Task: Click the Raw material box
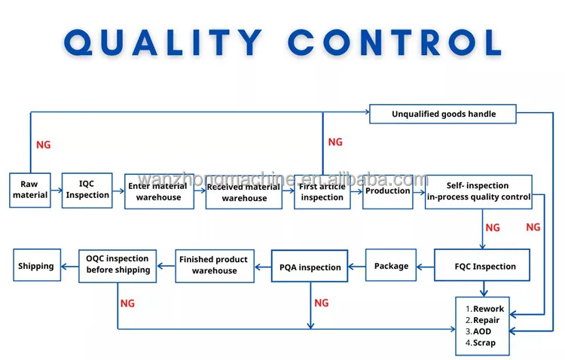(30, 191)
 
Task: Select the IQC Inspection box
(87, 191)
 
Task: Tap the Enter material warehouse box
(159, 192)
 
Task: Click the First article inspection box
(322, 192)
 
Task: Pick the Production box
(388, 192)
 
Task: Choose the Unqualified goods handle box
(443, 114)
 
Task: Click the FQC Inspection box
(482, 265)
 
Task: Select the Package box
(391, 265)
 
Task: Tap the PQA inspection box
(310, 266)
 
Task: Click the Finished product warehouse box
(215, 266)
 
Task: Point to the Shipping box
(37, 265)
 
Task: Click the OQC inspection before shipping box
(118, 266)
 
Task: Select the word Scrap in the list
(484, 343)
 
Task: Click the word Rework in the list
(488, 309)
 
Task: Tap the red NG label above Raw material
(44, 145)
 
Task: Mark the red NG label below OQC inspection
(127, 304)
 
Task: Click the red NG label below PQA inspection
(322, 303)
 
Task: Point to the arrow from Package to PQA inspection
(357, 267)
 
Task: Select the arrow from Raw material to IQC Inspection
(56, 190)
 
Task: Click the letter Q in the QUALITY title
(78, 42)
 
